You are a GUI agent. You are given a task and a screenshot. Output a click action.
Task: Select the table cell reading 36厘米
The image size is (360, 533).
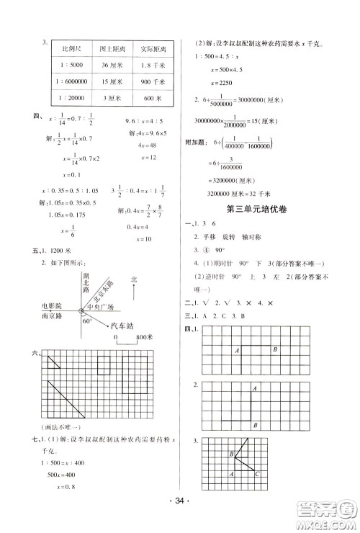point(113,66)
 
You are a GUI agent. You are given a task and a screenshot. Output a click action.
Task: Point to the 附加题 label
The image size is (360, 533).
point(203,143)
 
